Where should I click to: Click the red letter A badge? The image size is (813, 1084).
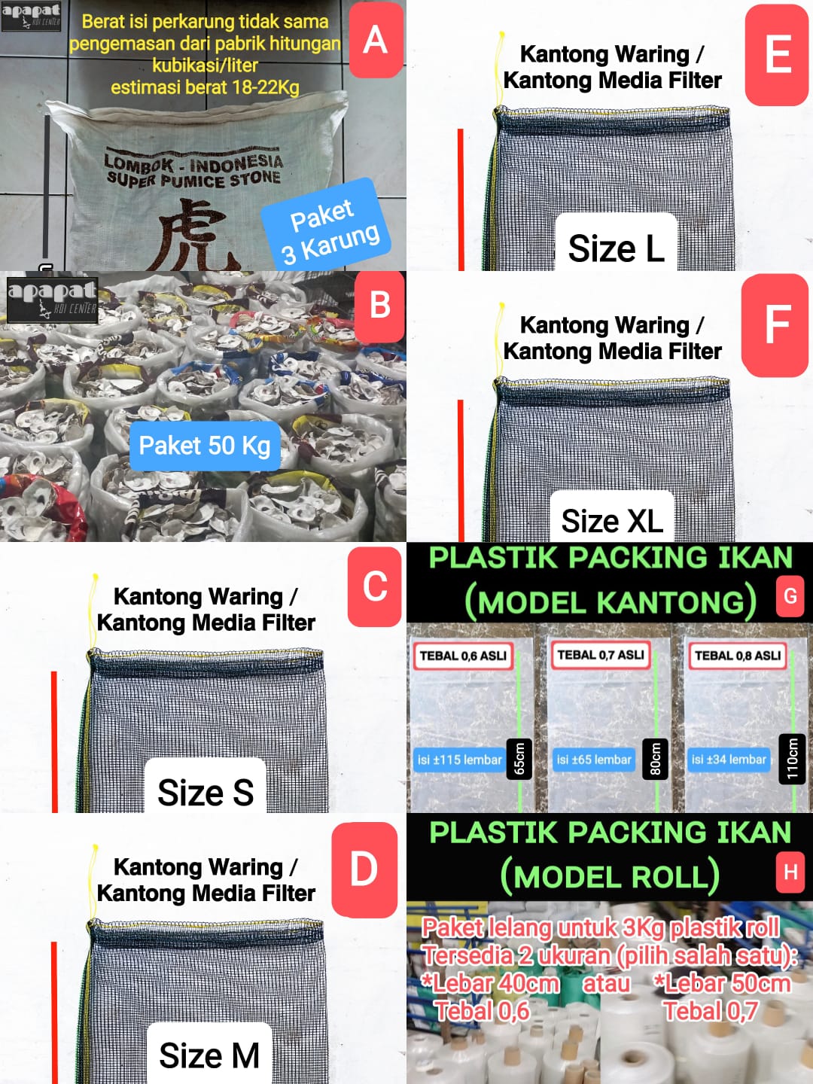click(376, 40)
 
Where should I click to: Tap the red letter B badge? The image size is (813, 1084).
click(380, 306)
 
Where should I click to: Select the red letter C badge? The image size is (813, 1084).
click(375, 586)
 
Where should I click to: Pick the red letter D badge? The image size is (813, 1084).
click(364, 869)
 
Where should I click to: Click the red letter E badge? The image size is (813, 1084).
click(777, 55)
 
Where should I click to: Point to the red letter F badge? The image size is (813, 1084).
click(775, 324)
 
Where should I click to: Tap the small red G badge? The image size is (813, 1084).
click(790, 596)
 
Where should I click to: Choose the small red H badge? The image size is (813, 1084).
click(790, 872)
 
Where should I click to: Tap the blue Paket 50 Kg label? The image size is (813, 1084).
click(205, 446)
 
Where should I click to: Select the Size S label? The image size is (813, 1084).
click(205, 790)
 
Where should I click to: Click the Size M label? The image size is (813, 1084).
click(209, 1054)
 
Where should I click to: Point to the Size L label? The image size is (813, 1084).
click(616, 247)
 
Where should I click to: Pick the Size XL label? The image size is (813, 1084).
click(612, 519)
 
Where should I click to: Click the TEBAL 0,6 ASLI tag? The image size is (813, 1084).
click(463, 656)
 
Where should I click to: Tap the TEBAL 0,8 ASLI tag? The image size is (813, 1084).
click(738, 656)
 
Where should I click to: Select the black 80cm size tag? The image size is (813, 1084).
click(655, 759)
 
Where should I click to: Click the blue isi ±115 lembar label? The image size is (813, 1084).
click(459, 760)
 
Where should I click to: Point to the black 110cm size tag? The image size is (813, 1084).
click(792, 759)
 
